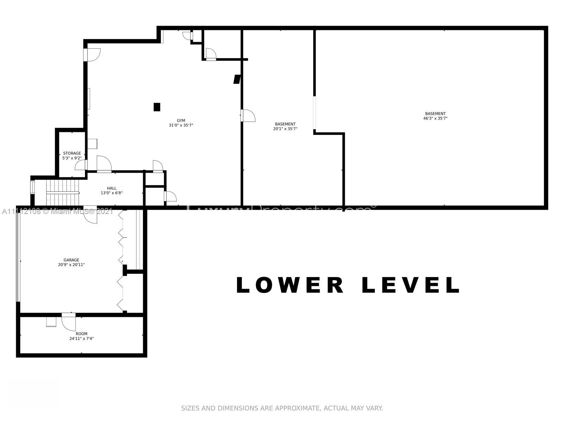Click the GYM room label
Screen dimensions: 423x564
click(181, 121)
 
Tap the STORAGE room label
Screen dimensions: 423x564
click(72, 153)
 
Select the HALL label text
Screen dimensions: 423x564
click(112, 188)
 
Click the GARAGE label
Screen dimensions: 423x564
click(71, 260)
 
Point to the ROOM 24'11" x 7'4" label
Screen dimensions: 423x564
click(81, 336)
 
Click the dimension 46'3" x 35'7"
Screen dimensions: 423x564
click(435, 118)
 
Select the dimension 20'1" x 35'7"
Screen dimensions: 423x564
click(285, 129)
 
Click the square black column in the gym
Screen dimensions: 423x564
click(157, 107)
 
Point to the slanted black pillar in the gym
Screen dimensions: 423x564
click(237, 79)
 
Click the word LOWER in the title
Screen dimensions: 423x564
click(290, 285)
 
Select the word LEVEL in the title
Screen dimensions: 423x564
click(411, 285)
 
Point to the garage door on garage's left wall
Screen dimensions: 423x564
click(18, 256)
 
